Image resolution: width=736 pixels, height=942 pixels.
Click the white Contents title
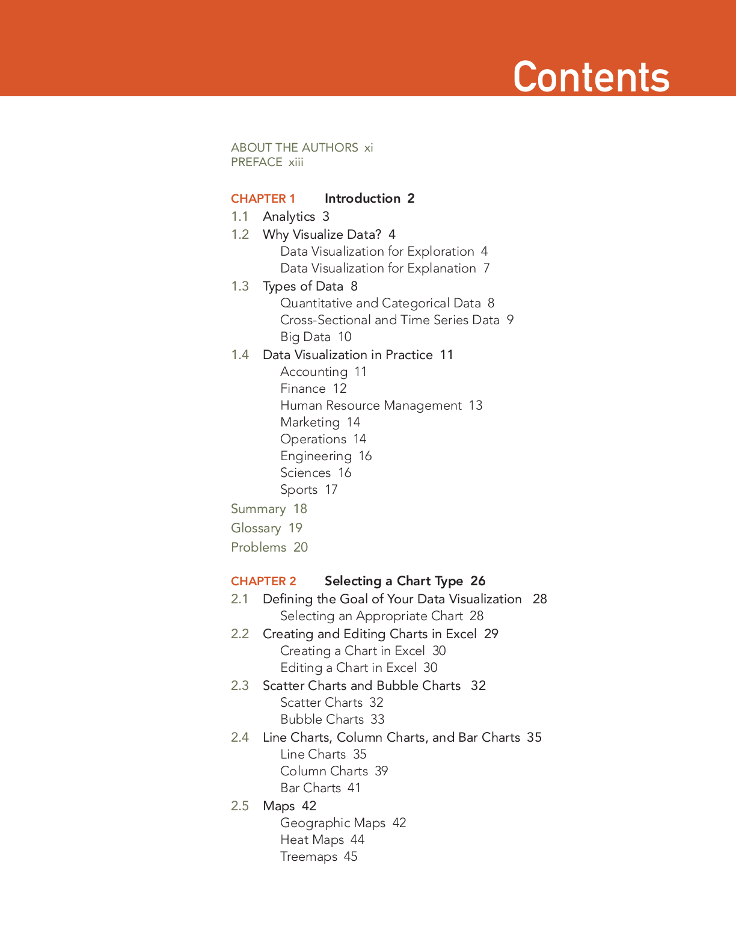click(x=591, y=77)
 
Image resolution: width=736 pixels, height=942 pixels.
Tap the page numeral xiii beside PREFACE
click(x=296, y=162)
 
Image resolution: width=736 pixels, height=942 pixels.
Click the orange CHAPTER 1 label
click(x=263, y=199)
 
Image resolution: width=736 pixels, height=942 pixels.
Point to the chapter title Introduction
click(x=363, y=199)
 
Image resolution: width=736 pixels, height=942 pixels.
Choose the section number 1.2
click(x=240, y=235)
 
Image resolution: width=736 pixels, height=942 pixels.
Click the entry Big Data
click(x=305, y=337)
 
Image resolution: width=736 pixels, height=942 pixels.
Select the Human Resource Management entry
click(x=371, y=405)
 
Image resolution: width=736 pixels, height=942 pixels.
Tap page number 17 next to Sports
click(x=331, y=490)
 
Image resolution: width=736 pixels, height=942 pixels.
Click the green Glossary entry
click(x=256, y=528)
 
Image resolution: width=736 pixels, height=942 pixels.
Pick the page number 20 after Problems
click(x=301, y=547)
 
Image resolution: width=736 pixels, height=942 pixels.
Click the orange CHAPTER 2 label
click(x=263, y=581)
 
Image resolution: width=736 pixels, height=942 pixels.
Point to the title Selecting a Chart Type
click(x=394, y=581)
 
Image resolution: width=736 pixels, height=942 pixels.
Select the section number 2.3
click(x=240, y=685)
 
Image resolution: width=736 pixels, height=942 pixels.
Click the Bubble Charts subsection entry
click(x=322, y=719)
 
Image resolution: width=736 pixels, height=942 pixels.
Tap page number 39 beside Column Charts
click(x=381, y=771)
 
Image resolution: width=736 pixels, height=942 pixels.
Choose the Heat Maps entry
click(x=312, y=840)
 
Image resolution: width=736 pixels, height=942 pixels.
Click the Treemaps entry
click(x=308, y=857)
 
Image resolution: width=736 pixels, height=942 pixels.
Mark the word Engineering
click(x=316, y=456)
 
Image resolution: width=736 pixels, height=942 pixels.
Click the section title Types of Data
click(x=303, y=286)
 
